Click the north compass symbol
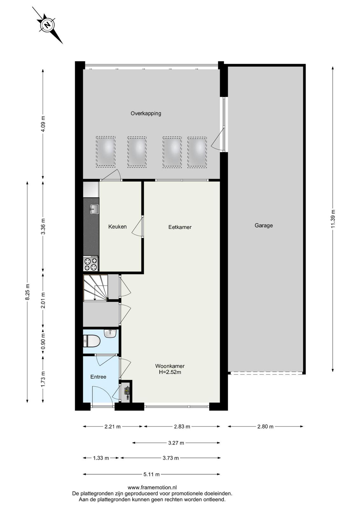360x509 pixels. (47, 25)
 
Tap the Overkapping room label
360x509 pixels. (146, 113)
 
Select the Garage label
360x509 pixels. (263, 226)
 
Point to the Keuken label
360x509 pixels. (117, 227)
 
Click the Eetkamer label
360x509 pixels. (180, 227)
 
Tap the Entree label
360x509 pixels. (98, 377)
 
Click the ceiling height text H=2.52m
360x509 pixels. (170, 372)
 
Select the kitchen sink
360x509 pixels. (94, 209)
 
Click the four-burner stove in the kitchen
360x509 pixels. (91, 263)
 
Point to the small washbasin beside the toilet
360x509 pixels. (110, 333)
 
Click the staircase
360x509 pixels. (95, 288)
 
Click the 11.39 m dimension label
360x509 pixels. (333, 219)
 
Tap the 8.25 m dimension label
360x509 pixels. (27, 292)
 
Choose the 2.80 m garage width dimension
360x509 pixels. (265, 427)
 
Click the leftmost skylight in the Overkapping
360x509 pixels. (106, 152)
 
